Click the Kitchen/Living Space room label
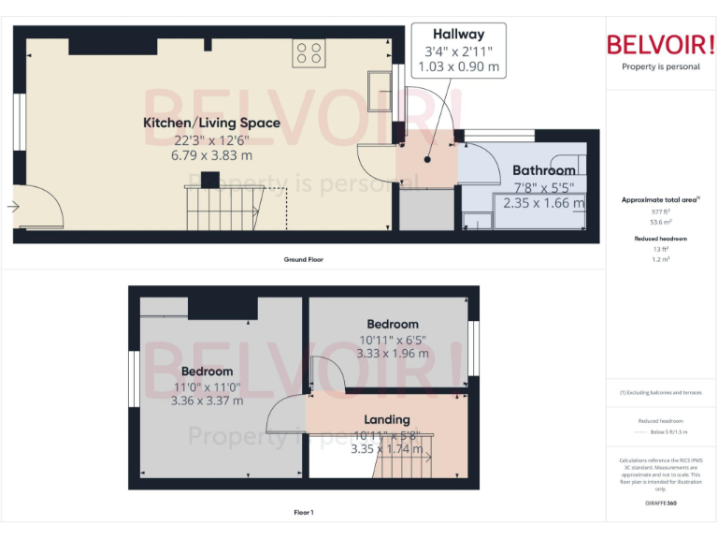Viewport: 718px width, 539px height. point(211,123)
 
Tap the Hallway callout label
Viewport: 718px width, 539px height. point(458,35)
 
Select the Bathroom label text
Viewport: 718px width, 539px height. point(544,170)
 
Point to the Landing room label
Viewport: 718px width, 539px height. point(386,419)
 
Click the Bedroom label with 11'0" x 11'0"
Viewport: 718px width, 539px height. point(207,371)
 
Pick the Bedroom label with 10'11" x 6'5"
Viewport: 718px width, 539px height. point(393,324)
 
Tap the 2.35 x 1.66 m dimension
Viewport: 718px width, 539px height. point(544,202)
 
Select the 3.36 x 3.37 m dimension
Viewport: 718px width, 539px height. point(207,401)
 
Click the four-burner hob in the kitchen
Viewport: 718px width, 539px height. point(309,52)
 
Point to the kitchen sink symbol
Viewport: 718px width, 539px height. point(381,86)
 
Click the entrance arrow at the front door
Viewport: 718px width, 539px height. point(13,207)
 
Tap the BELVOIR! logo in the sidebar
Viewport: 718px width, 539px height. point(660,44)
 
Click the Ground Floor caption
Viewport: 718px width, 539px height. point(304,259)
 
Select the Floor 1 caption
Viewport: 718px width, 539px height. point(304,512)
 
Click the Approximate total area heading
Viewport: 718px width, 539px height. point(660,199)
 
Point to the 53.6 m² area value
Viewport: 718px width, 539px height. point(660,222)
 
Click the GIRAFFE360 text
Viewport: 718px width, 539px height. point(660,504)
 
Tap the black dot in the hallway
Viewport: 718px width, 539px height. point(426,159)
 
